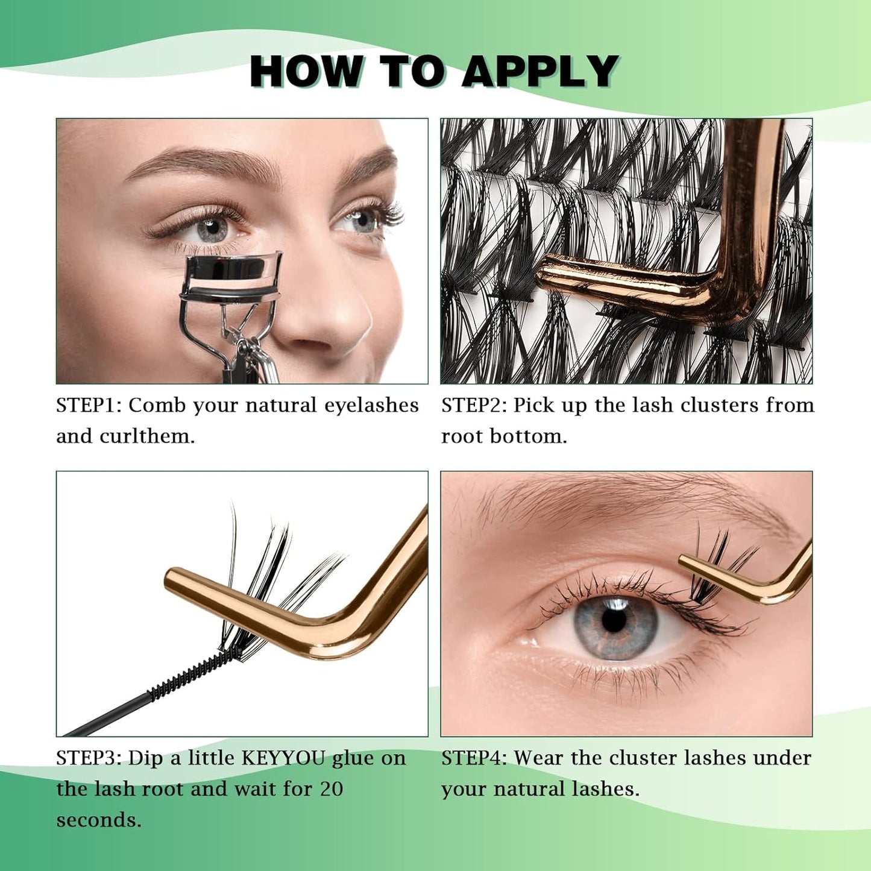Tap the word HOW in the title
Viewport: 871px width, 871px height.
point(307,72)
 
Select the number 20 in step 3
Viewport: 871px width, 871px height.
point(332,789)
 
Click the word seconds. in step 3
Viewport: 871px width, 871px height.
point(99,820)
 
